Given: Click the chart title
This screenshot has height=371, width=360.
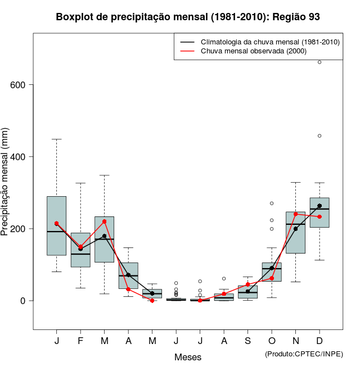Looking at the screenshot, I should pos(188,17).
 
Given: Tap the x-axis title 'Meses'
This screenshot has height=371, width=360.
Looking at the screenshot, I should pos(188,357).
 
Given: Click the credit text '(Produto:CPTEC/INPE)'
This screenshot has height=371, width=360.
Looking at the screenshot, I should pos(304,354).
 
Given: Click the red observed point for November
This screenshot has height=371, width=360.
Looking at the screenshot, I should pos(296,214).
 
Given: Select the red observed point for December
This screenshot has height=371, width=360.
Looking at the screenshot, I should pos(319,216).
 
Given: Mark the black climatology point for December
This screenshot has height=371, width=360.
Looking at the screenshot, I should pos(319,206).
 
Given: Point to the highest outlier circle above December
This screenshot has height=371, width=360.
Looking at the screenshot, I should pos(319,62).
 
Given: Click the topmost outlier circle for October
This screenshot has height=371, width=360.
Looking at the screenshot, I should pos(272,203).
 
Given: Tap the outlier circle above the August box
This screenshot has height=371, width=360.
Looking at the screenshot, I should pos(224,278).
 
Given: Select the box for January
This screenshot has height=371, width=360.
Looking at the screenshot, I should pos(56,225).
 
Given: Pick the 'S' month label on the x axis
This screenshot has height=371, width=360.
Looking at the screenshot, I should pos(248,341).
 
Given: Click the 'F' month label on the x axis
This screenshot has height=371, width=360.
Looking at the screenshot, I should pos(80,341).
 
